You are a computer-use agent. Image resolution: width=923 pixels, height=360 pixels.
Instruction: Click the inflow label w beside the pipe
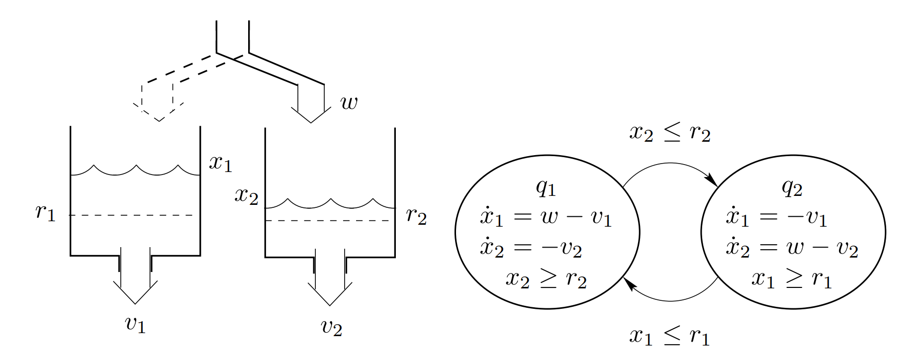coord(349,103)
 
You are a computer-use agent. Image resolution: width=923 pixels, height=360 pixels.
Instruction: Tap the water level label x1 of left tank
coord(220,163)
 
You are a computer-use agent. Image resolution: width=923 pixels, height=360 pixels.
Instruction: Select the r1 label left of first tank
coord(45,212)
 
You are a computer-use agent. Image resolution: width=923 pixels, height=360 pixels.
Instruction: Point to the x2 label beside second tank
coord(246,196)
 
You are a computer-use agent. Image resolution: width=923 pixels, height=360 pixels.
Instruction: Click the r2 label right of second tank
coord(416,216)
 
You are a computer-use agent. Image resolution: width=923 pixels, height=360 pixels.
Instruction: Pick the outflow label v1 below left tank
coord(135,324)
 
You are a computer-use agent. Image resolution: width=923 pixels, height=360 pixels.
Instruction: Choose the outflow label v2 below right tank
coord(331,327)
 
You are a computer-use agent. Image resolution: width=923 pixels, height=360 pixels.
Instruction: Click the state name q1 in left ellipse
coord(546,187)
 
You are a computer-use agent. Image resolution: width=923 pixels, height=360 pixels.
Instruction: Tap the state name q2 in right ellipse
coord(792,187)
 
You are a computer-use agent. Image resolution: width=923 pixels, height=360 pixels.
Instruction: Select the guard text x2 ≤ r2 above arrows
coord(670,133)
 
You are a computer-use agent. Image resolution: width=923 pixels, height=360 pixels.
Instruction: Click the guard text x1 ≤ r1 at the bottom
coord(669,337)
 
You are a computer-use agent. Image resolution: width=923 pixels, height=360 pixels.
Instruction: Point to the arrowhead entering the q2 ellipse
coord(713,181)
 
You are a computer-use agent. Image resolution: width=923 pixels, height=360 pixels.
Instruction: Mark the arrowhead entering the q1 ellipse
coord(629,284)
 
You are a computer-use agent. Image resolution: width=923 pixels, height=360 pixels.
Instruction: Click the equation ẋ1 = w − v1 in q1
coord(546,218)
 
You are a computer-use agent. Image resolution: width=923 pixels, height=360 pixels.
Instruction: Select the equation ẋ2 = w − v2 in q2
coord(792,248)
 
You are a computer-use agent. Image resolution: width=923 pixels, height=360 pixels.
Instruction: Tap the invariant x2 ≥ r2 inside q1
coord(546,279)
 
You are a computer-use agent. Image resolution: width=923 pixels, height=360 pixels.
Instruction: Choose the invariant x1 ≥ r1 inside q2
coord(792,279)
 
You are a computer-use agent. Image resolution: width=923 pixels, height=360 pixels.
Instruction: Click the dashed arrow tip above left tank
coord(159,119)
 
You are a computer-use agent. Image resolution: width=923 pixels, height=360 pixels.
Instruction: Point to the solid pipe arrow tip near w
coord(311,121)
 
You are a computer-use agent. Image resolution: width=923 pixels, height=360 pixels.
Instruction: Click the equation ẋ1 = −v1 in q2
coord(776,218)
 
